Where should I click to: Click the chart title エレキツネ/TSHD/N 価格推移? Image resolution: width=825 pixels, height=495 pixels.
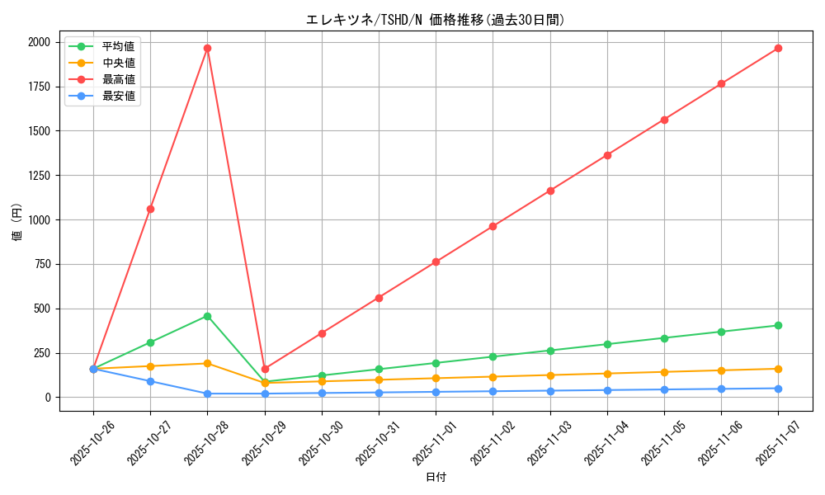[436, 20]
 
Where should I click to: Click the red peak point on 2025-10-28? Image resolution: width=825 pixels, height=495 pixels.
[207, 48]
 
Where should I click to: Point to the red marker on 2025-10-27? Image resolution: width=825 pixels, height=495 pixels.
[150, 209]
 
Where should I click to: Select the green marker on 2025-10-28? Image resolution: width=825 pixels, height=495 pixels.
[207, 316]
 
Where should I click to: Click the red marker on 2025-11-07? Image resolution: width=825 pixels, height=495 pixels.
[778, 48]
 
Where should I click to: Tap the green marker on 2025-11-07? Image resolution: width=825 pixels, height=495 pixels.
[778, 325]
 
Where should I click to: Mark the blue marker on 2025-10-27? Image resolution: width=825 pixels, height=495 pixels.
[150, 381]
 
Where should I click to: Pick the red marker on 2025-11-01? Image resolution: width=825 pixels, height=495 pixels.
[436, 262]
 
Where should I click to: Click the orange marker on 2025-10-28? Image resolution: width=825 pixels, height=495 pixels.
[207, 363]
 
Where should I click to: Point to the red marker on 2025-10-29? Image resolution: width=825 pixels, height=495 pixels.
[265, 369]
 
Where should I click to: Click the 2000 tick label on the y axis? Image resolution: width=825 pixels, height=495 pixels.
[38, 42]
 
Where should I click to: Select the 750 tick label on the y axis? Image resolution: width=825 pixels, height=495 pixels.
[41, 264]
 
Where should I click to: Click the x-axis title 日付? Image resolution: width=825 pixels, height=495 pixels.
[436, 478]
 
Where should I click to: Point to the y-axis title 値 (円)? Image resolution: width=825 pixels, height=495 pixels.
[16, 223]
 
